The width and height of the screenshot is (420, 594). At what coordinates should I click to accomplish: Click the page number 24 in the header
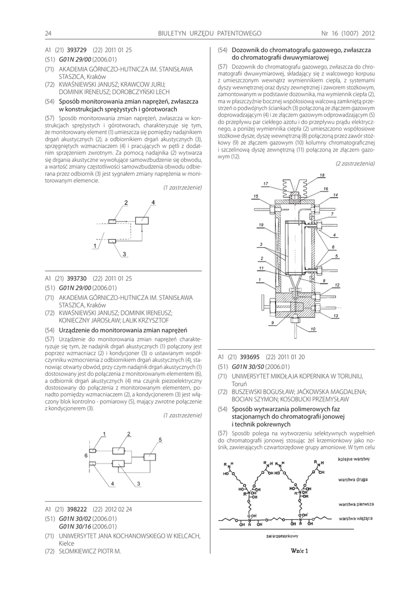pyautogui.click(x=49, y=33)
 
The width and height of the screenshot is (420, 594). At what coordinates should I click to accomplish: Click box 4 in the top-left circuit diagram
pyautogui.click(x=142, y=219)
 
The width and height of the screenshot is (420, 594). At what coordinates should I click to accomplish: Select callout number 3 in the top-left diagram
pyautogui.click(x=124, y=253)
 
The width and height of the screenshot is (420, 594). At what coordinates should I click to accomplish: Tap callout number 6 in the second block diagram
pyautogui.click(x=86, y=456)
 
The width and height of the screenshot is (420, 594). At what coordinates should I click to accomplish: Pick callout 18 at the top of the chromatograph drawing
pyautogui.click(x=322, y=175)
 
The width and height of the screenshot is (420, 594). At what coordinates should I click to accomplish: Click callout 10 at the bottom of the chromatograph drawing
pyautogui.click(x=313, y=329)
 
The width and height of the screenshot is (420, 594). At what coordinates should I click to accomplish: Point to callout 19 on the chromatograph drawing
pyautogui.click(x=262, y=224)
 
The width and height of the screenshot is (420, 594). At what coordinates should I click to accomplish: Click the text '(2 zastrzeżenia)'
pyautogui.click(x=356, y=164)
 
